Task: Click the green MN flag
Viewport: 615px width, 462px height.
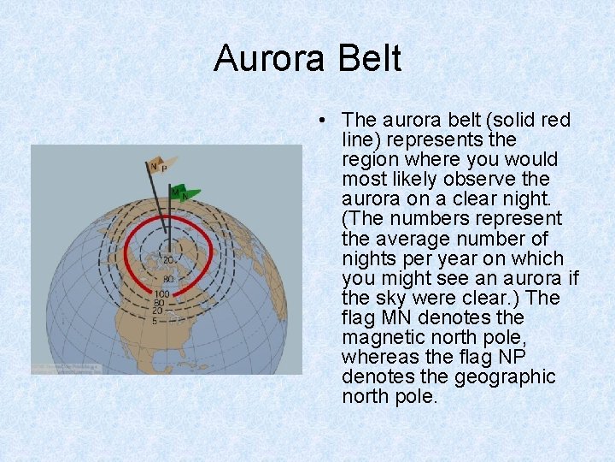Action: [x=185, y=193]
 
